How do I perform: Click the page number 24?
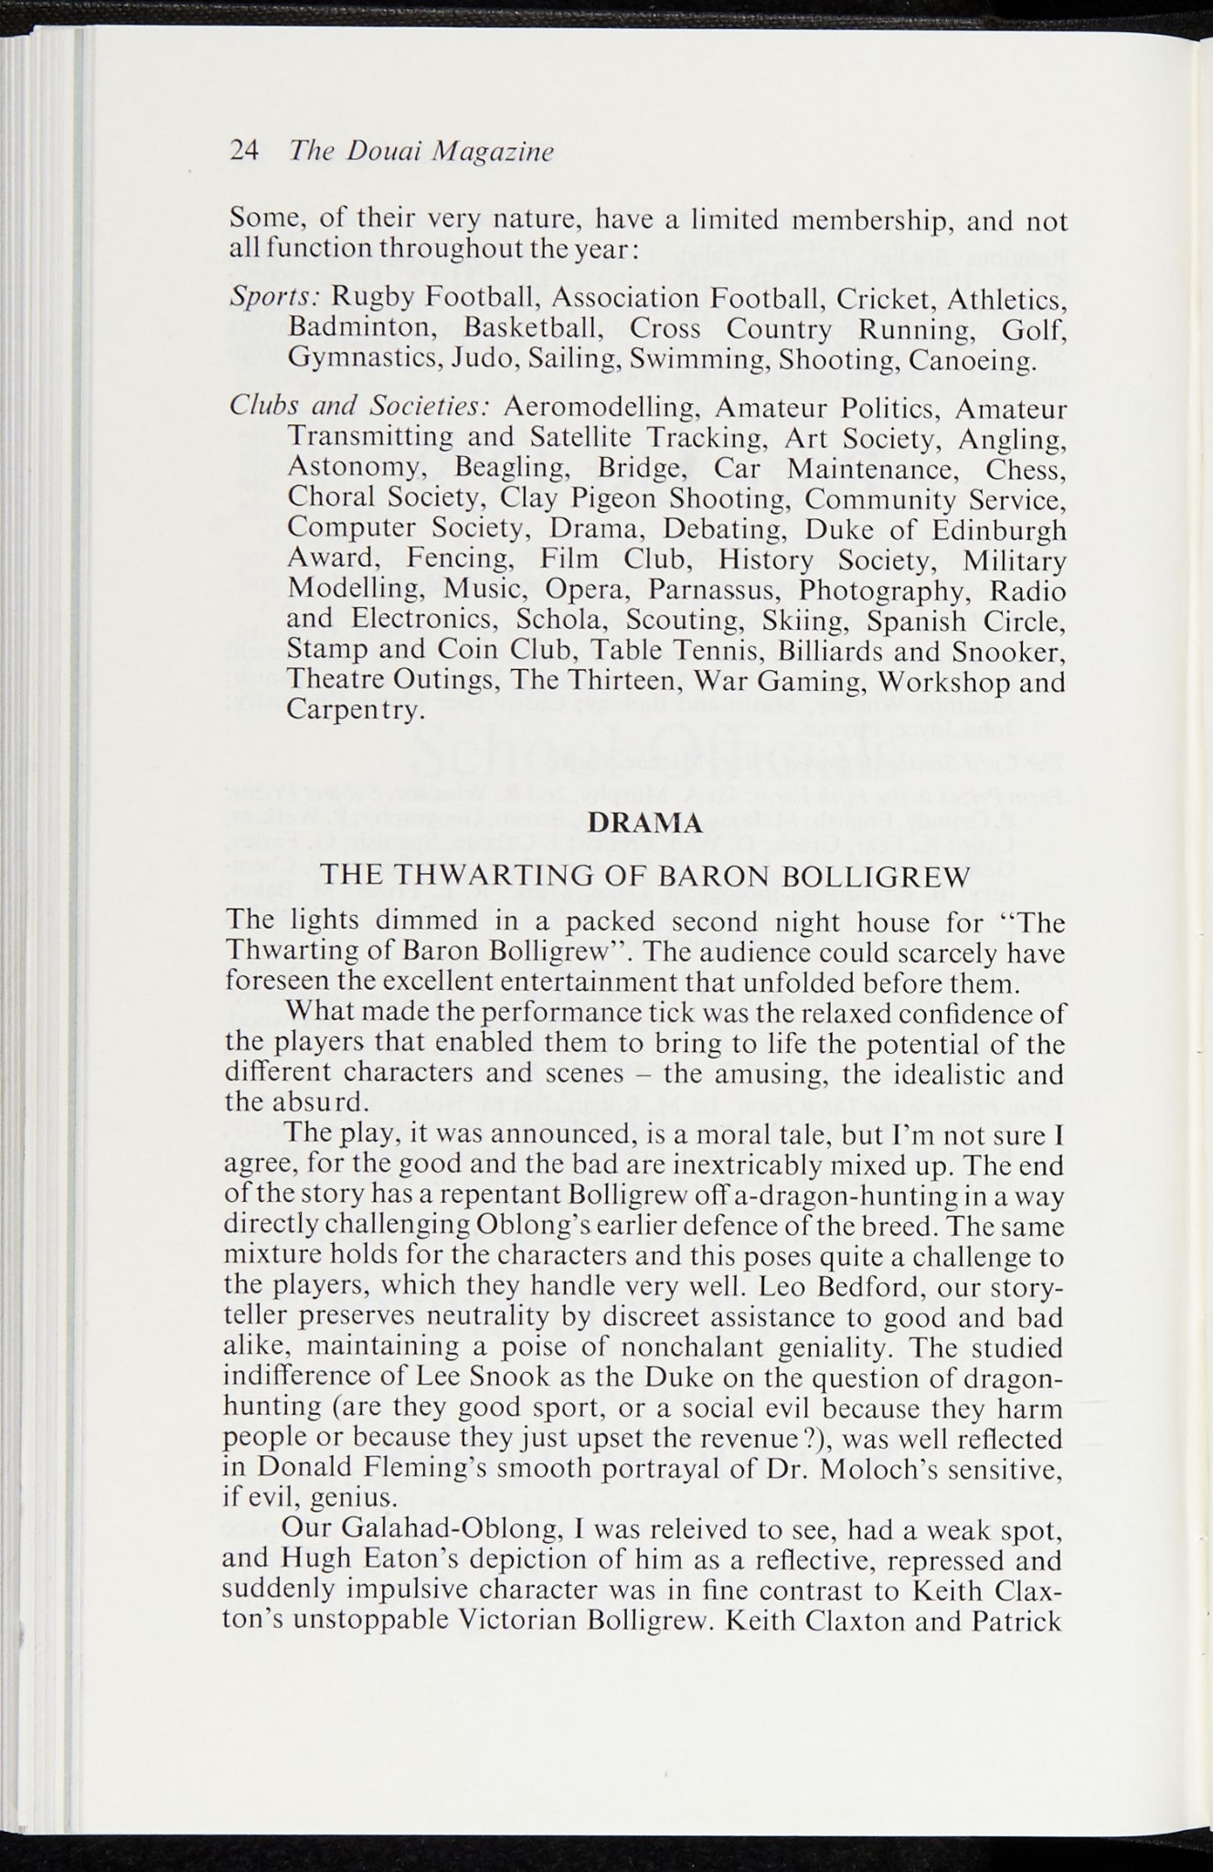tap(244, 151)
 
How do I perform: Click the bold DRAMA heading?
tap(645, 823)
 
